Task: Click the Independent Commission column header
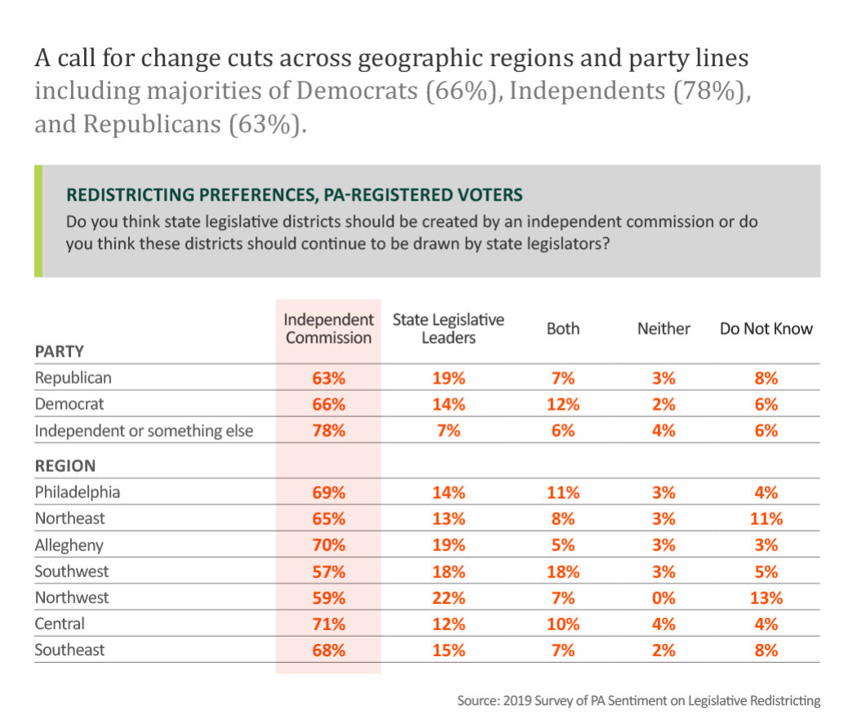coord(328,328)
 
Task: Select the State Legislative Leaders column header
coord(448,328)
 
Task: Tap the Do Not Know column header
coord(766,329)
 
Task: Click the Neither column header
coord(664,329)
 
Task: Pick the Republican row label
coord(73,378)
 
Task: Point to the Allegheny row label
coord(69,544)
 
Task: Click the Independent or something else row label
coord(144,431)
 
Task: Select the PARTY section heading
coord(60,353)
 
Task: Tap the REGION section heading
coord(64,466)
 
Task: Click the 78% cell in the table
coord(328,431)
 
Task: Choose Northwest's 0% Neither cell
coord(664,597)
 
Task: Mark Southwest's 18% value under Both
coord(563,571)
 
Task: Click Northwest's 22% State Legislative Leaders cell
coord(448,597)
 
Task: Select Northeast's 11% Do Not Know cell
coord(766,518)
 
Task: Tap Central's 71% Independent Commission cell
coord(328,624)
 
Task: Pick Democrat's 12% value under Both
coord(563,404)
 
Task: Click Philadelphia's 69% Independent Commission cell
coord(328,492)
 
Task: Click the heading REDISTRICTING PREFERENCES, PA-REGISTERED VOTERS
coord(294,195)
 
